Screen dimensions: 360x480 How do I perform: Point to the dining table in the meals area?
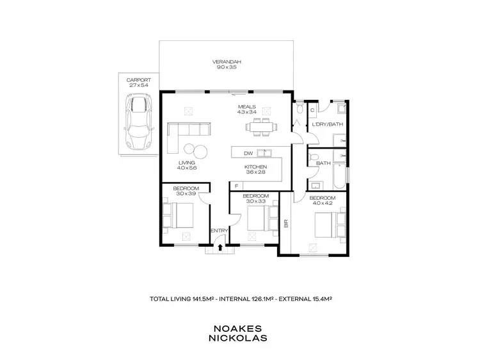[x=260, y=126]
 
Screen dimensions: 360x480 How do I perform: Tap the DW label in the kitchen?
[x=248, y=153]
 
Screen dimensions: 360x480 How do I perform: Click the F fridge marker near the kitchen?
[x=236, y=185]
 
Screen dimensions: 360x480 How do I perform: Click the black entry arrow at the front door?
[x=221, y=245]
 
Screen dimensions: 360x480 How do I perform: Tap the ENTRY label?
[x=219, y=231]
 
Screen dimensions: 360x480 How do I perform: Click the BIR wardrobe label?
[x=285, y=224]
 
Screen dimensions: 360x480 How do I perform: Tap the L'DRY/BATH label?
[x=323, y=124]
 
